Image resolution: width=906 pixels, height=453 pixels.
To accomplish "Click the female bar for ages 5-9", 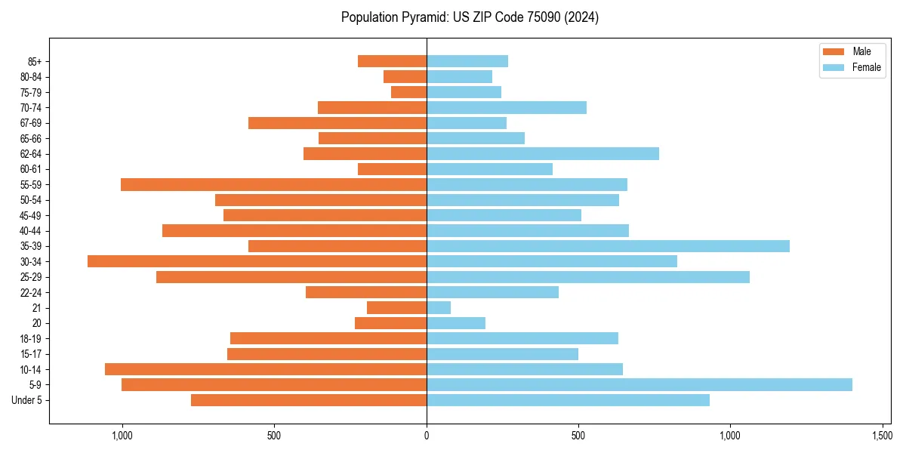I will coord(639,385).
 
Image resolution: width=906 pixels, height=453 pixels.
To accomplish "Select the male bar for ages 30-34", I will coord(257,261).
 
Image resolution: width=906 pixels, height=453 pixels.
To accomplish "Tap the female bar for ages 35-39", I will coord(608,246).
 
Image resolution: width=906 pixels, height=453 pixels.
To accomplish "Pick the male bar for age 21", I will coord(396,308).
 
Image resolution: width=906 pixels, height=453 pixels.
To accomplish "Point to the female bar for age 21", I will coord(439,308).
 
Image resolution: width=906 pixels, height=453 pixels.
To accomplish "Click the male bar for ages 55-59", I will coord(273,184).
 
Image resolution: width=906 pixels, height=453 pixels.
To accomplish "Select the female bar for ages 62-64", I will coord(542,153).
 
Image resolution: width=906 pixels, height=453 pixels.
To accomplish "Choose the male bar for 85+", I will coord(392,61).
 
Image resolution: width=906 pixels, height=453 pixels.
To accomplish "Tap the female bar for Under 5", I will coord(568,400).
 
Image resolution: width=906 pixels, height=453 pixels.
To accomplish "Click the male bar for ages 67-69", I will coord(337,123).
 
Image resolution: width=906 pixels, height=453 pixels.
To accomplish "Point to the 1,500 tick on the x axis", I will coord(882,436).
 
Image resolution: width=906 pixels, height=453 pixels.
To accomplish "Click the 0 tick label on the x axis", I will coord(427,436).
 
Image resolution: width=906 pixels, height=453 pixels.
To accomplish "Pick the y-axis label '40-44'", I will coord(31,231).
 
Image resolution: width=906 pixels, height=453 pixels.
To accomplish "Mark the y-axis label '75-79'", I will coord(31,92).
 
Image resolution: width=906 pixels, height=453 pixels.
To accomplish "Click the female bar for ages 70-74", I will coord(506,107).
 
